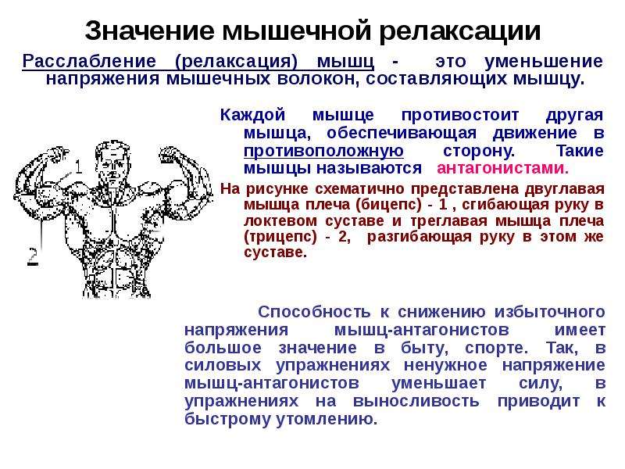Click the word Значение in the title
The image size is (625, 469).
coord(150,30)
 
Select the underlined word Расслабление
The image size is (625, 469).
coord(89,62)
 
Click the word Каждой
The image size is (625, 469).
coord(252,115)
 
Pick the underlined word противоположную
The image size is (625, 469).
coord(323,151)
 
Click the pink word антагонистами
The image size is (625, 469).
coord(502,168)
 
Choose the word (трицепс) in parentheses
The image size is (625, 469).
coord(280,237)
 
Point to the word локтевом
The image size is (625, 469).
coord(281,220)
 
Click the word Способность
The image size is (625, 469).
coord(314,312)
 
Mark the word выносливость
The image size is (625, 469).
coord(416,401)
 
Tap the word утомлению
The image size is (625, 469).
coord(327,419)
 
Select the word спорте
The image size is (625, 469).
coord(496,348)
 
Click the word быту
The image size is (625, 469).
coord(424,348)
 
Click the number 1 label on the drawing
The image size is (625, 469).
coord(79,166)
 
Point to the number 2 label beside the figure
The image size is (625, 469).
coord(33,256)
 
